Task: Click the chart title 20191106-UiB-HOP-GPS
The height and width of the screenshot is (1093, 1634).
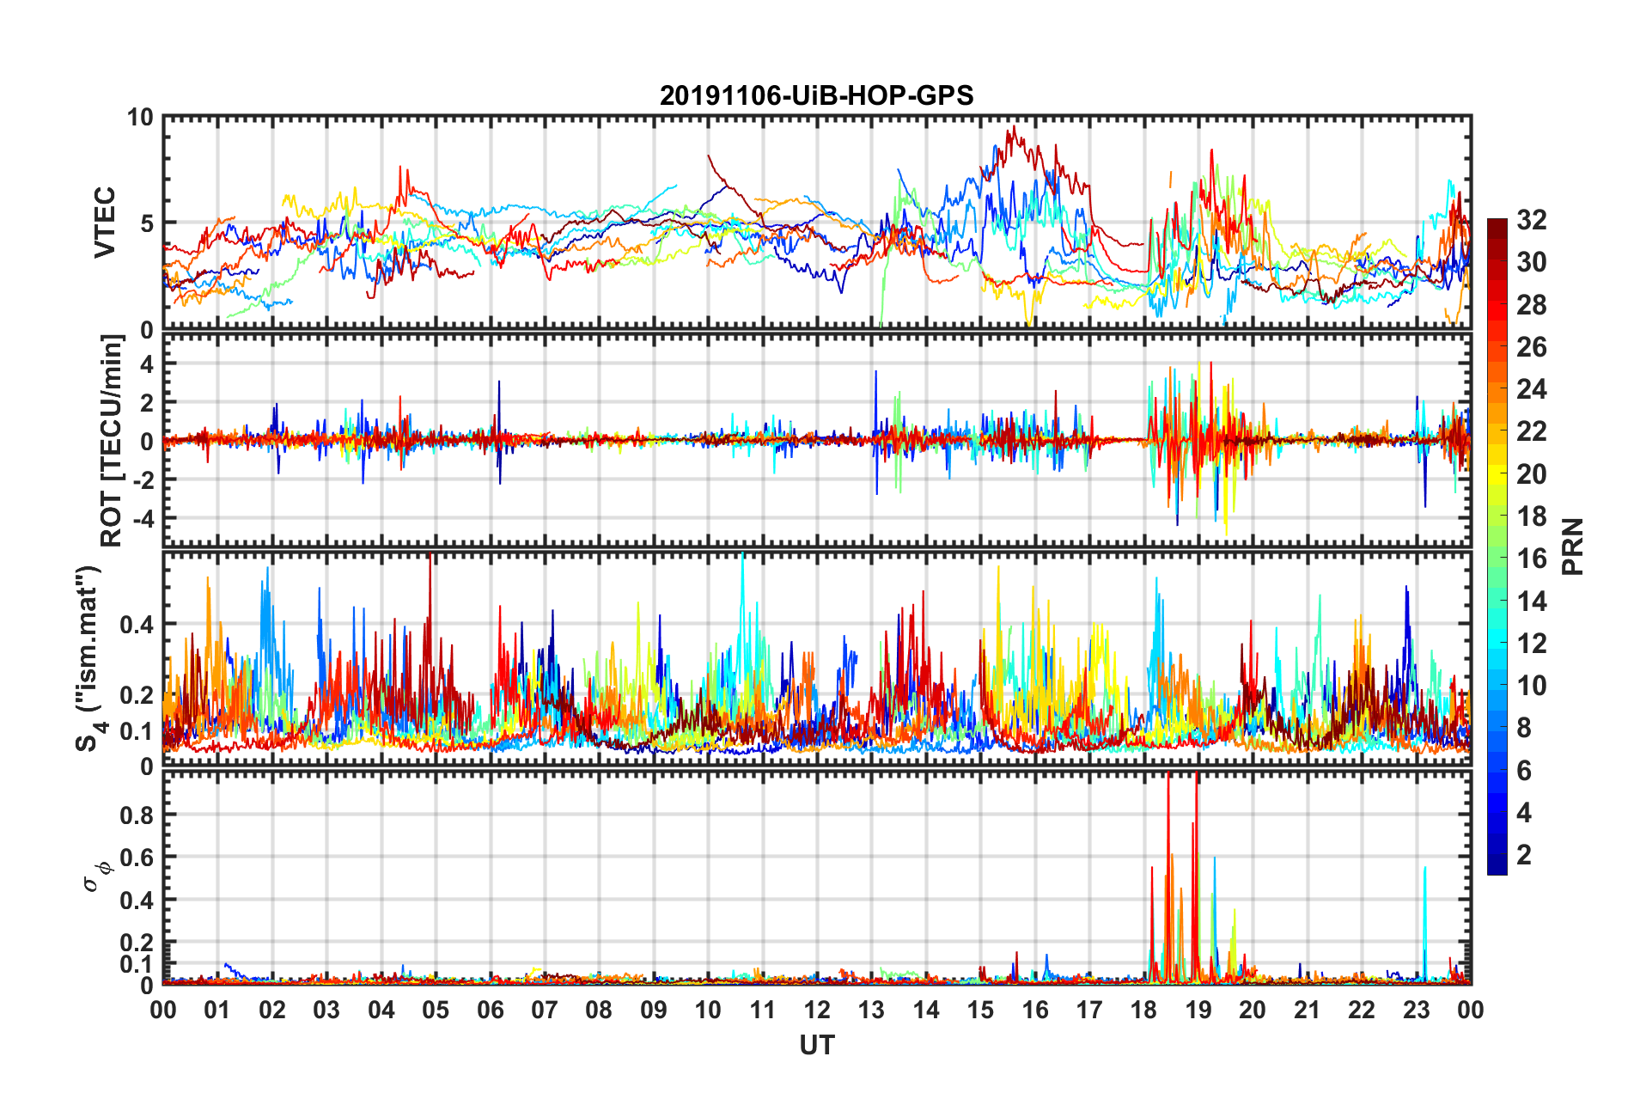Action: [816, 95]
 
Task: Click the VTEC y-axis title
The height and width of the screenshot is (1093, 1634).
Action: [105, 223]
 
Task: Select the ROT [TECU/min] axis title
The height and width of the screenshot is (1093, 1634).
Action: [112, 441]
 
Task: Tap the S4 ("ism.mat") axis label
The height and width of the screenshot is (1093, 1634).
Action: [88, 659]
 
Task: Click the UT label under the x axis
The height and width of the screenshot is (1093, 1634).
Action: [816, 1045]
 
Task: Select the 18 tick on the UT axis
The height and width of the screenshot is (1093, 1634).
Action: [1143, 1010]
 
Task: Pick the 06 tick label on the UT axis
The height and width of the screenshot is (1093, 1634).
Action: [490, 1010]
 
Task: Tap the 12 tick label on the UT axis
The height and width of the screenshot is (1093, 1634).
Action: [816, 1010]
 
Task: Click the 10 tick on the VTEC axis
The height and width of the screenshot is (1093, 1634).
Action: [140, 118]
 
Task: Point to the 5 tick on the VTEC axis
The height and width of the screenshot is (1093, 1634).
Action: [146, 223]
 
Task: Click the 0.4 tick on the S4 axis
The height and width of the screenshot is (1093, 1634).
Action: [137, 625]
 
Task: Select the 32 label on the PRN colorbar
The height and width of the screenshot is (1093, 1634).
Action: [1531, 220]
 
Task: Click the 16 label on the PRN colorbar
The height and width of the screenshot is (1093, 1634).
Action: [1531, 559]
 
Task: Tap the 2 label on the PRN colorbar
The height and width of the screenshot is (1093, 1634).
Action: [1524, 855]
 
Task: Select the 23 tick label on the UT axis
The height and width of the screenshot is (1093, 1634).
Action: [1416, 1010]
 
